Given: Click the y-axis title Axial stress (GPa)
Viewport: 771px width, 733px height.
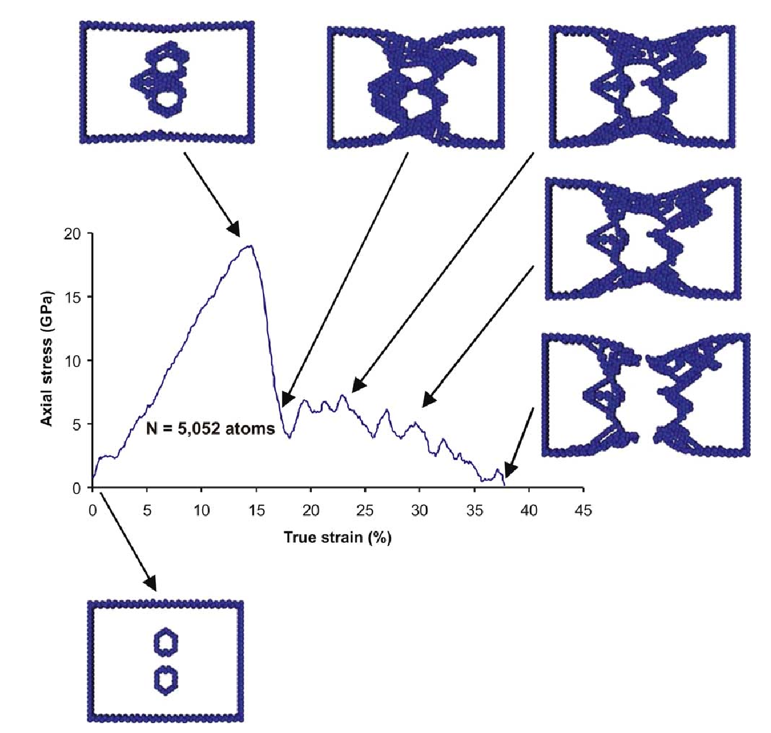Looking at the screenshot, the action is pos(47,358).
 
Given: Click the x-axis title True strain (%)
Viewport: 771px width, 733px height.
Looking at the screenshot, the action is pos(338,537).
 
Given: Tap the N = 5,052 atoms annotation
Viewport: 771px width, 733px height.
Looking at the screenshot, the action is pos(210,428).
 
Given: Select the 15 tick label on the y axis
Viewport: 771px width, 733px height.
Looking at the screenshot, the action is pos(72,297).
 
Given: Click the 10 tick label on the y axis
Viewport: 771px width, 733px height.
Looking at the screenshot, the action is pos(72,361).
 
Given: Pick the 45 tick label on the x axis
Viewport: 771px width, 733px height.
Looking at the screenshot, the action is pos(583,510).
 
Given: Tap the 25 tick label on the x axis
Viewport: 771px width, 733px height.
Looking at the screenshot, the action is pos(365,510).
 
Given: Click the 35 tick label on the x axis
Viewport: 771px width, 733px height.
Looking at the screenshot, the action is pos(474,510).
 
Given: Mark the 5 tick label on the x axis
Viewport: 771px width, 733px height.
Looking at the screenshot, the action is pos(146,510).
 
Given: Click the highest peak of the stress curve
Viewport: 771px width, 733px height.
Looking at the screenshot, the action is pos(249,246).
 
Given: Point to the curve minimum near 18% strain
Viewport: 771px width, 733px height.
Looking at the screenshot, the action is pos(289,437).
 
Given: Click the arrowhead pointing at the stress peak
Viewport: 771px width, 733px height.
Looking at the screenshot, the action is pos(234,229).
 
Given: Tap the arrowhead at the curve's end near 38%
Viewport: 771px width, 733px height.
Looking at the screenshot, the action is pos(511,470).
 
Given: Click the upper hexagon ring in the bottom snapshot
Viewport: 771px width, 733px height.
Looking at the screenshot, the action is pos(166,642).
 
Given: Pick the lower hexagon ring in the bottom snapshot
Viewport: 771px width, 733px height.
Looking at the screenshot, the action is pos(166,680).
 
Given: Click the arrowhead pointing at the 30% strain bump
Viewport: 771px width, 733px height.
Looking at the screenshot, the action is pos(430,400).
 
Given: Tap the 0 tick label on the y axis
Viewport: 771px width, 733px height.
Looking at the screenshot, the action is pos(76,488).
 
